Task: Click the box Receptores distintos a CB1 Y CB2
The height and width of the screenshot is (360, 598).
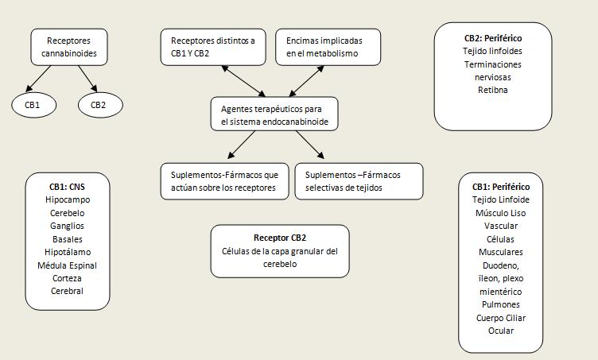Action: [213, 48]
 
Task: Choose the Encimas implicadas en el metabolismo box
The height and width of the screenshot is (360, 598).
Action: [328, 48]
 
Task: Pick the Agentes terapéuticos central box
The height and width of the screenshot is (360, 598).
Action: [274, 115]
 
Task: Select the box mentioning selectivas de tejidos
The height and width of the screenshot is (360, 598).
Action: [358, 181]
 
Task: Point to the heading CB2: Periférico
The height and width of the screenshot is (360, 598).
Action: [493, 37]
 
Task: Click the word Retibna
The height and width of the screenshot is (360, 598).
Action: [493, 90]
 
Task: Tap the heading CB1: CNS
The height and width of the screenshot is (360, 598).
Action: [68, 187]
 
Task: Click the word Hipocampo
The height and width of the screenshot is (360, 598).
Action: [68, 200]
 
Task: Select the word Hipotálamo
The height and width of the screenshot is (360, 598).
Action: [68, 252]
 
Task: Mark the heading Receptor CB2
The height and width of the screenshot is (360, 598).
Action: [280, 238]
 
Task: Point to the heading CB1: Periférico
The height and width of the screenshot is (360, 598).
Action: [501, 187]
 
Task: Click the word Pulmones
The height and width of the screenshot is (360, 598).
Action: [501, 304]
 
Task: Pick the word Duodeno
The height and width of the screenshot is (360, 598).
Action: [501, 265]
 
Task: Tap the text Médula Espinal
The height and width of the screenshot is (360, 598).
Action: [68, 265]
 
